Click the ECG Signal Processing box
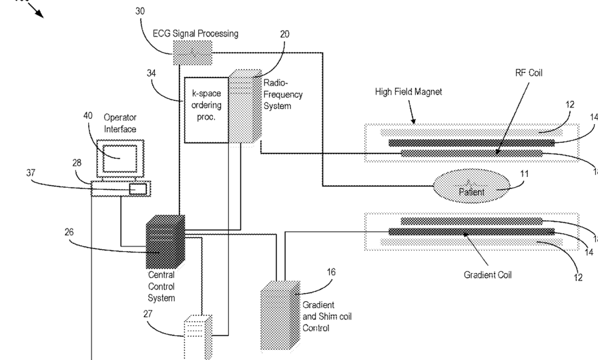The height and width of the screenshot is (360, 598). (193, 53)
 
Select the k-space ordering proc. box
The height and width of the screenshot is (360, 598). (206, 110)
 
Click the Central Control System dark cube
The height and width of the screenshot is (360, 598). (166, 242)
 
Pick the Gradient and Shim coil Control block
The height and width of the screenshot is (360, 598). (280, 315)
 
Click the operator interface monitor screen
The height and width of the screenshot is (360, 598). (120, 158)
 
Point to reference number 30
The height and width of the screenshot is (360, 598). (140, 11)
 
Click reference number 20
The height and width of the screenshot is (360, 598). (284, 34)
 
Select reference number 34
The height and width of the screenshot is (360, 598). (152, 73)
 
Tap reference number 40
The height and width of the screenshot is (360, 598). (87, 116)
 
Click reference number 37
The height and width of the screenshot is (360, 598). (31, 173)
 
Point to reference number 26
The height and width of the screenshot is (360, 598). (69, 232)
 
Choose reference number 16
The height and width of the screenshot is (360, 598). (331, 273)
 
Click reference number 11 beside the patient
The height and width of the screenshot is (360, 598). (525, 174)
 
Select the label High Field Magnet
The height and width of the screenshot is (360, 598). (408, 92)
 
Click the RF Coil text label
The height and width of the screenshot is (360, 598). (529, 73)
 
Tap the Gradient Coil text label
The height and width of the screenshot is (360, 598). (488, 275)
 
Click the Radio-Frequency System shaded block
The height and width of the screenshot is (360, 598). (245, 107)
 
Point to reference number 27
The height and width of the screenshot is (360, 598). (148, 314)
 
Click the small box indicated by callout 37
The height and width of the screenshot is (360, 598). (138, 189)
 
